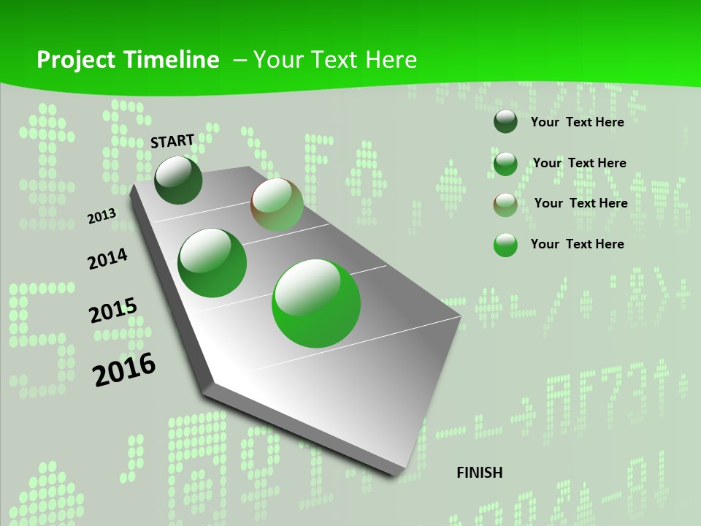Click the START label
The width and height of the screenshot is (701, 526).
(x=172, y=141)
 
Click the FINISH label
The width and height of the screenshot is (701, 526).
(x=480, y=473)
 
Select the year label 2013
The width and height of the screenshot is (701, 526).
(x=102, y=216)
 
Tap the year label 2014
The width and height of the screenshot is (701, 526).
(x=107, y=259)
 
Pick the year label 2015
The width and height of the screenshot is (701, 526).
(x=113, y=310)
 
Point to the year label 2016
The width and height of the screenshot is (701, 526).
(x=124, y=369)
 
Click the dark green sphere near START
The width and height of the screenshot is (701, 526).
(x=178, y=180)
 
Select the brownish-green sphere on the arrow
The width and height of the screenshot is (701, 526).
(x=277, y=205)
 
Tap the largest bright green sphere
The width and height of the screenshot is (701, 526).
(x=316, y=303)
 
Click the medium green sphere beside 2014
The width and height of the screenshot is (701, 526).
(x=212, y=263)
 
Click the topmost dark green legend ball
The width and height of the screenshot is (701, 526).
(x=505, y=122)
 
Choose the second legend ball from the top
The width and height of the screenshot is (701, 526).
(x=505, y=164)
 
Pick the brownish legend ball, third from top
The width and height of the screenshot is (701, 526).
(x=505, y=205)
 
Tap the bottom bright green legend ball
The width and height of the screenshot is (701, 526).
(x=505, y=245)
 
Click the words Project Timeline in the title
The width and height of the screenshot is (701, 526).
(x=128, y=60)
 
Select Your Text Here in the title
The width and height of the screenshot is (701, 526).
(x=335, y=60)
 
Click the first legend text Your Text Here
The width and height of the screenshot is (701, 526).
(x=577, y=122)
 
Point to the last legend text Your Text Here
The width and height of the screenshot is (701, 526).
(x=577, y=244)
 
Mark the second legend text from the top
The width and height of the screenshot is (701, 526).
(x=579, y=163)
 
